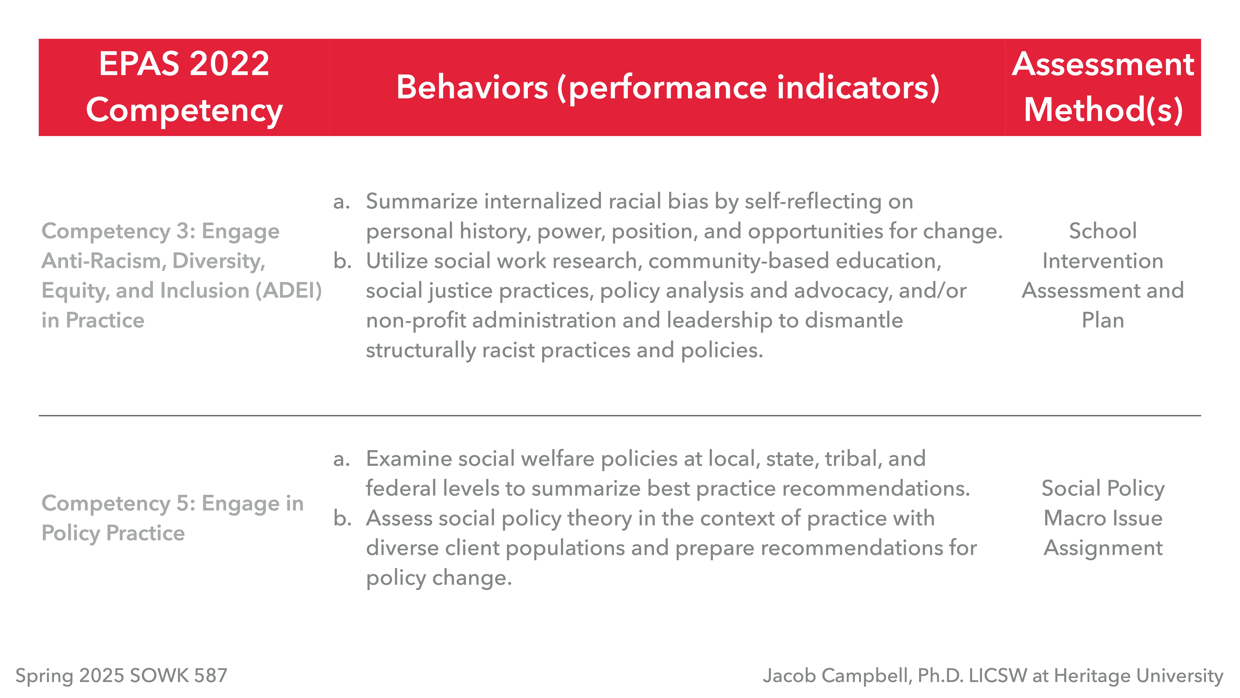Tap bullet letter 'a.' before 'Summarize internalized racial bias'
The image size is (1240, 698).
pyautogui.click(x=341, y=202)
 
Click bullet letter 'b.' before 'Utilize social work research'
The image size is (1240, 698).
pyautogui.click(x=342, y=261)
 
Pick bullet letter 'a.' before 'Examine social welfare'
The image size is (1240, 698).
pyautogui.click(x=341, y=459)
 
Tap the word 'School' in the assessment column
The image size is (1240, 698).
pyautogui.click(x=1103, y=231)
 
